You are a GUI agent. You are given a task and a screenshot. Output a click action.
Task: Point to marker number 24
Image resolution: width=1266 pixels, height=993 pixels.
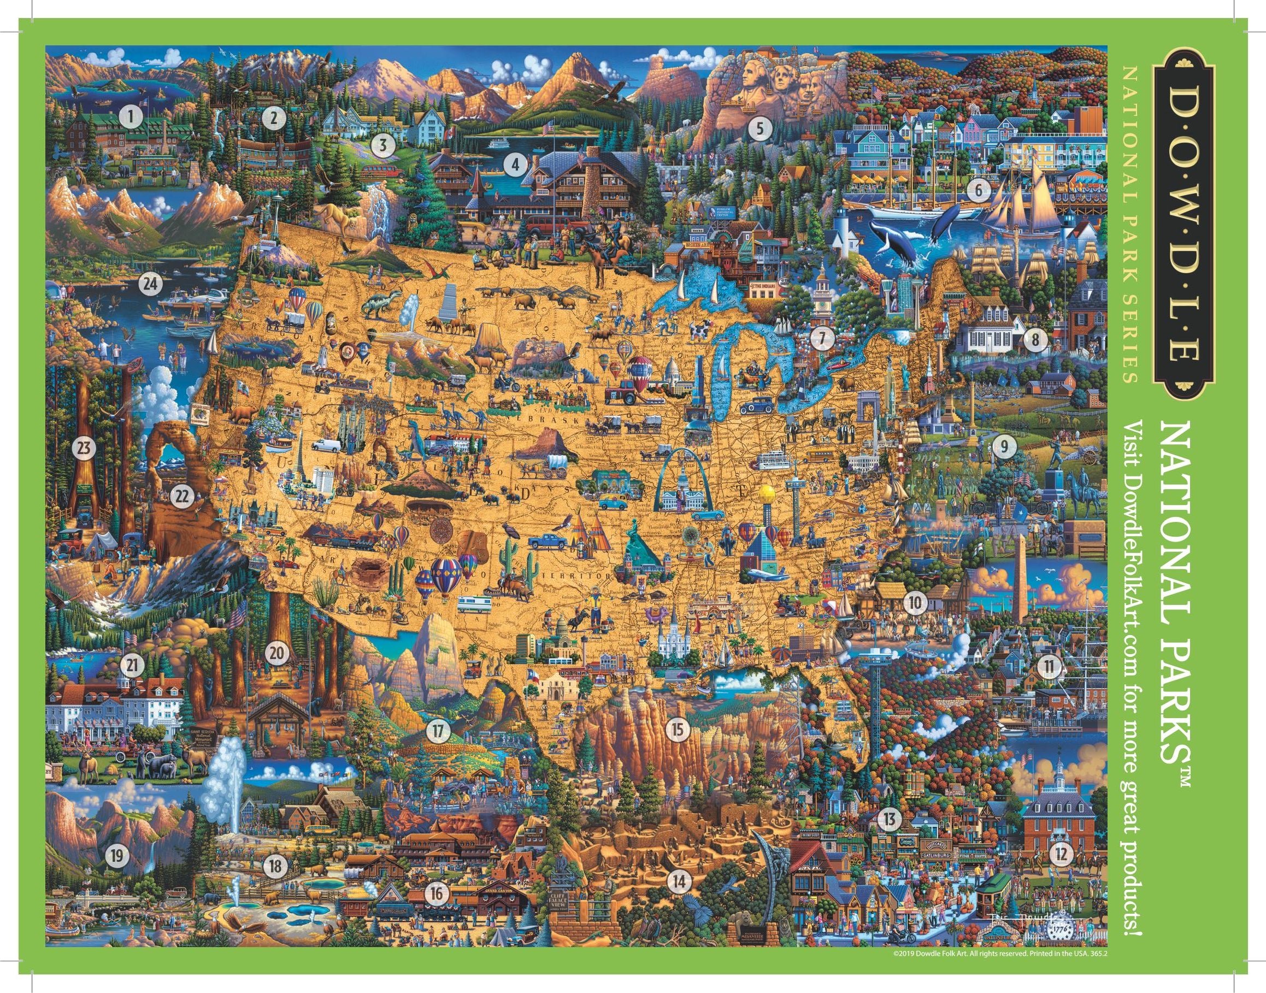[x=151, y=284]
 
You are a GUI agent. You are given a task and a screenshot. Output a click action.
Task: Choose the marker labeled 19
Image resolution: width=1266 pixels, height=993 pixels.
[x=117, y=855]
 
